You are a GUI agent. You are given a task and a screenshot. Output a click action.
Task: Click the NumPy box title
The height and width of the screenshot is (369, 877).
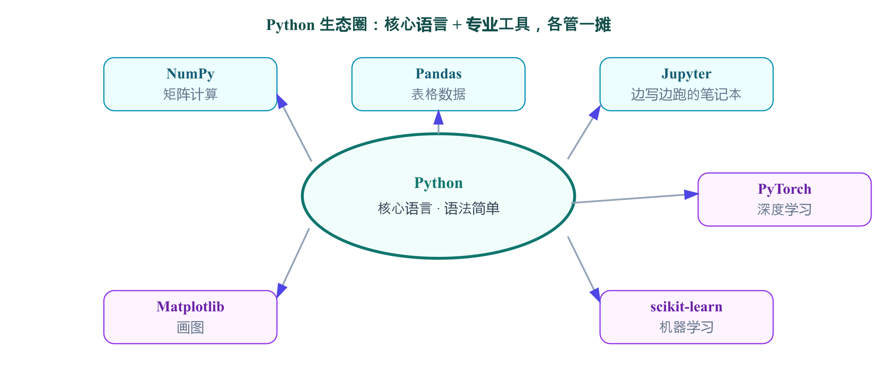[x=190, y=74]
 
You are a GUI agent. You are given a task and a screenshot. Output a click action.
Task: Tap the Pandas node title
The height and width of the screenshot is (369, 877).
[x=438, y=73]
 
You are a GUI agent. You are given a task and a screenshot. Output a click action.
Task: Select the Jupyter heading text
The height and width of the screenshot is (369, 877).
[x=687, y=74]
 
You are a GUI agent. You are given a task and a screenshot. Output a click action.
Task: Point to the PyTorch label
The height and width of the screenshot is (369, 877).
[x=785, y=189]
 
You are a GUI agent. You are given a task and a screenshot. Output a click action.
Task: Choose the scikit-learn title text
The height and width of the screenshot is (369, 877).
[x=687, y=307]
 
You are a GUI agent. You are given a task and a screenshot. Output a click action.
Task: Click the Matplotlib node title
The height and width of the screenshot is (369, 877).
[x=190, y=307]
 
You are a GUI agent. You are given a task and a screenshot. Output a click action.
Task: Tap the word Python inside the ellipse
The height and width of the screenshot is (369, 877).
[x=438, y=183]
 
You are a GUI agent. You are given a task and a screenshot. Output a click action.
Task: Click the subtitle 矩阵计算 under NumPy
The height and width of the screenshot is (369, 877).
[x=190, y=94]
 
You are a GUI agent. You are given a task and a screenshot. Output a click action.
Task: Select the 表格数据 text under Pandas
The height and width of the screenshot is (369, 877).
[x=438, y=94]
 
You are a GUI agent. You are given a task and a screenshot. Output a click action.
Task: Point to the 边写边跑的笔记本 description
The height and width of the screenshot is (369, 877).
[x=687, y=94]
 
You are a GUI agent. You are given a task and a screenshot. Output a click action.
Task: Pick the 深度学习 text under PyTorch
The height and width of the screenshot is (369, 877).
[x=785, y=209]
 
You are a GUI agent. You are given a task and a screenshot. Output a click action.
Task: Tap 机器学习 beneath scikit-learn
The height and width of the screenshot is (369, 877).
[x=687, y=327]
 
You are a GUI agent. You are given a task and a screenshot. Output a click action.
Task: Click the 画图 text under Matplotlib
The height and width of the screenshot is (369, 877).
[x=190, y=327]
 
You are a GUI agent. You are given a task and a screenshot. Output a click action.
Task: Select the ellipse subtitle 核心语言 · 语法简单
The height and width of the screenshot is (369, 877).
[x=438, y=208]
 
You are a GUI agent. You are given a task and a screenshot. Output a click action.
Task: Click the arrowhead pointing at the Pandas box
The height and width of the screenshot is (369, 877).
[x=438, y=117]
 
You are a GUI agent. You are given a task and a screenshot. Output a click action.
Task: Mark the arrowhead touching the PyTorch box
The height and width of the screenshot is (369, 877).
[x=692, y=194]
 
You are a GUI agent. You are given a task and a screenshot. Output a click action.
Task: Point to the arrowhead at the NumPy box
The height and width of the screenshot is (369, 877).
[x=282, y=101]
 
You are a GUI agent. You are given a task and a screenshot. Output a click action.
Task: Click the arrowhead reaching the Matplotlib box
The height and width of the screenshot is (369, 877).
[x=282, y=291]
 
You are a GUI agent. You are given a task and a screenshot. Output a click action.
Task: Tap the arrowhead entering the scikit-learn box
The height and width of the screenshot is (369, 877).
[x=595, y=295]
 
